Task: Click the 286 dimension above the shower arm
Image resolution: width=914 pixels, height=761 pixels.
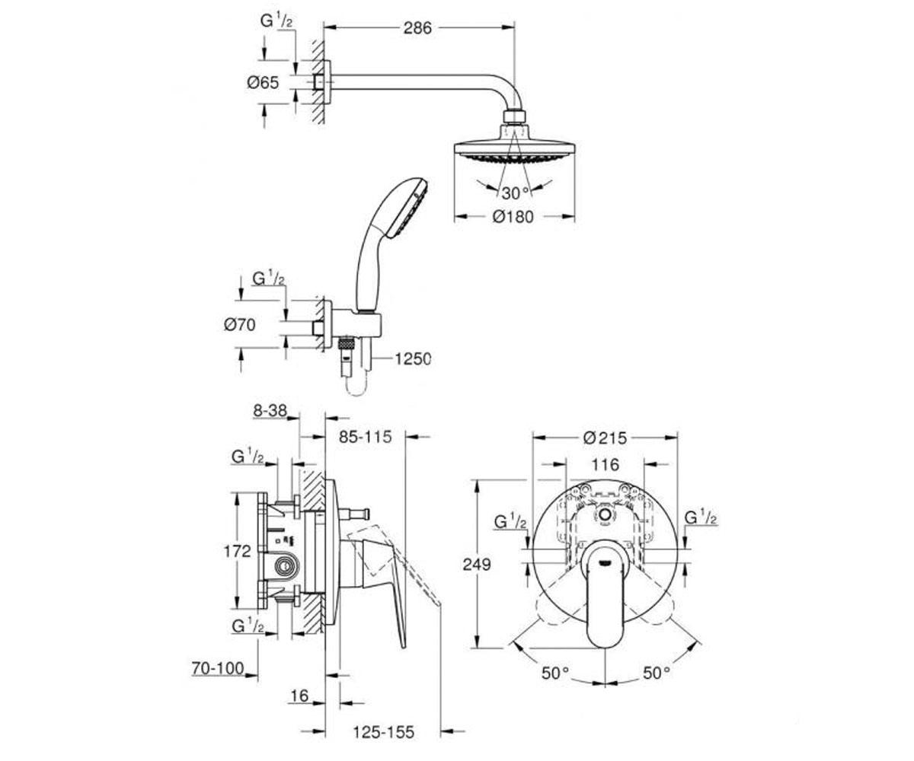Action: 417,28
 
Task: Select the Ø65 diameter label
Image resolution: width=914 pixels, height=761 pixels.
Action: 263,82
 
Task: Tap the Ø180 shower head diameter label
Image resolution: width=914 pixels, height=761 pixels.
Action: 513,216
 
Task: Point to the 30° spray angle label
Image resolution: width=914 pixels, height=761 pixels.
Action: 515,193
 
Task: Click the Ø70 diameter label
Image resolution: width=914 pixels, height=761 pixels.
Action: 239,324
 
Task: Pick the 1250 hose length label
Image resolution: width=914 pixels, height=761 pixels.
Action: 413,358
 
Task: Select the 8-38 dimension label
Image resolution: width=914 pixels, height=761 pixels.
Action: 270,410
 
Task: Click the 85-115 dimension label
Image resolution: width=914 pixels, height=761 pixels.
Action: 365,437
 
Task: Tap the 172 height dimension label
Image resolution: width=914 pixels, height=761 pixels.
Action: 237,551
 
